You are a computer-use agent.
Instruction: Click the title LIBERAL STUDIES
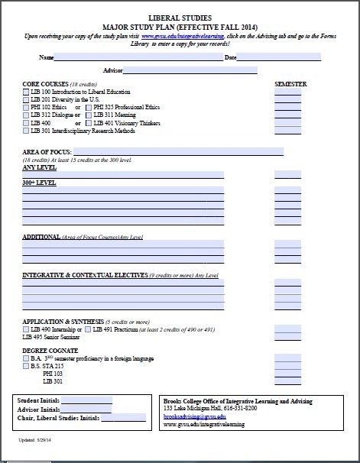[x=180, y=16]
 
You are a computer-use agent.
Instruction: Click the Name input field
[x=138, y=57]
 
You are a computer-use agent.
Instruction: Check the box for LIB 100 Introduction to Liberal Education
[x=26, y=92]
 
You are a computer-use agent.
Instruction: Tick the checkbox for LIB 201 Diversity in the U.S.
[x=26, y=100]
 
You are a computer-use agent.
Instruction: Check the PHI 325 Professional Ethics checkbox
[x=88, y=108]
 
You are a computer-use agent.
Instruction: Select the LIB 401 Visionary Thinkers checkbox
[x=88, y=123]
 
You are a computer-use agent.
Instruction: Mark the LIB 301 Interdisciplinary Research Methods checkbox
[x=26, y=131]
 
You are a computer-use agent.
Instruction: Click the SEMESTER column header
[x=290, y=83]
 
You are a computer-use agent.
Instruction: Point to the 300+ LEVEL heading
[x=39, y=183]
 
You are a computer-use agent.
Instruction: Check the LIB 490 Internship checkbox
[x=26, y=329]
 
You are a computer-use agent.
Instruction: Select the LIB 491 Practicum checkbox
[x=87, y=329]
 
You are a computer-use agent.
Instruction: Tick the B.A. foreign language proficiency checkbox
[x=26, y=358]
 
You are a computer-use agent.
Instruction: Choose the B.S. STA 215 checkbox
[x=26, y=366]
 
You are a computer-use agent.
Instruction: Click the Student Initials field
[x=86, y=400]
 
